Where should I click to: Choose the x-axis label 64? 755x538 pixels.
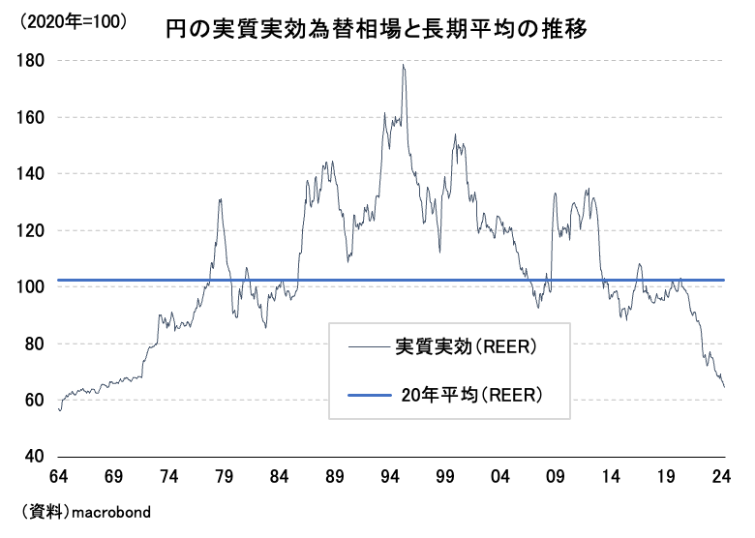click(x=60, y=476)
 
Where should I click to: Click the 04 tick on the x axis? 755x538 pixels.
click(x=502, y=476)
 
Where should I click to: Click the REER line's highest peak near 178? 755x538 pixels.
click(x=402, y=65)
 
